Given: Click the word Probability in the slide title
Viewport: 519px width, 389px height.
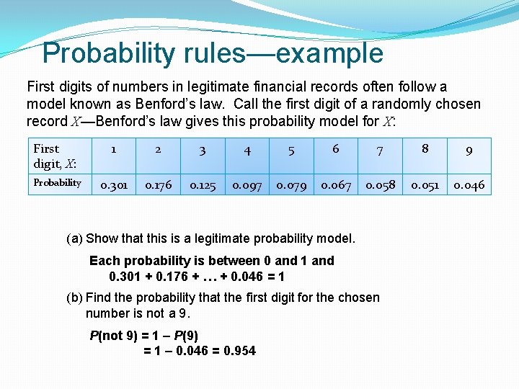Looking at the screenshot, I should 109,53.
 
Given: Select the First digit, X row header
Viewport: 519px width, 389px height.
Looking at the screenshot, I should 55,156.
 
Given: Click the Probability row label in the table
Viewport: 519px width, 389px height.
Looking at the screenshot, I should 58,183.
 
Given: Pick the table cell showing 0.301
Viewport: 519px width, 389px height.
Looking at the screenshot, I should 113,185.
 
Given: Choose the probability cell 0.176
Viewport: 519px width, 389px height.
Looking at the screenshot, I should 158,185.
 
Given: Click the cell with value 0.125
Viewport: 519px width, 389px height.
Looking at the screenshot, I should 203,185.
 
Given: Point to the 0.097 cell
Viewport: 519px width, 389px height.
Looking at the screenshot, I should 247,185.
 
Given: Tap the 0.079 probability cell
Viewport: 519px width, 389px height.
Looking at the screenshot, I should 291,185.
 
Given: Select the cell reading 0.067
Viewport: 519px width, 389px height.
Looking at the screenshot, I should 336,185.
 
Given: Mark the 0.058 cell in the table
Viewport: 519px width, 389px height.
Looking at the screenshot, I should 381,185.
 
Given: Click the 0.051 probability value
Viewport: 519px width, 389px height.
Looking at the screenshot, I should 425,185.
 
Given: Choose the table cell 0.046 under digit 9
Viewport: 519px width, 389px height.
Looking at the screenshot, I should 469,185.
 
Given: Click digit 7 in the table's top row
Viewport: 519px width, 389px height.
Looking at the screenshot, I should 380,151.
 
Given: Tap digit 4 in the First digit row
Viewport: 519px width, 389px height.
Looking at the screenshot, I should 247,151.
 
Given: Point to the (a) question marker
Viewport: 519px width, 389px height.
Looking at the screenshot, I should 74,238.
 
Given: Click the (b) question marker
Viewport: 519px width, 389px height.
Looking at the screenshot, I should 74,298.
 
